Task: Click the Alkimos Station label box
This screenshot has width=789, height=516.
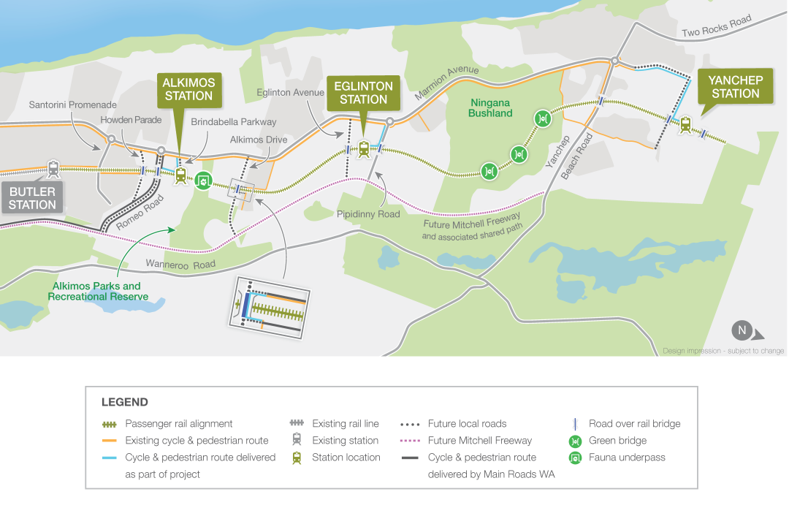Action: point(189,90)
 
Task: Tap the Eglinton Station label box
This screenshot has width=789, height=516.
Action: point(363,93)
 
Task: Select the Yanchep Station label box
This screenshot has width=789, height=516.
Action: point(735,86)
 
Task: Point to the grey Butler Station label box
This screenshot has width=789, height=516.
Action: point(32,198)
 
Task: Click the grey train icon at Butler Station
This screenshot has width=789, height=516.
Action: point(53,169)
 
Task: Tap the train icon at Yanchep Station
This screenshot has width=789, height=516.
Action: point(685,124)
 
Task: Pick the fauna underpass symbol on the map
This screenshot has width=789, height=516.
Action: point(203,181)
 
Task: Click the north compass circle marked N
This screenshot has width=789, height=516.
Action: point(742,330)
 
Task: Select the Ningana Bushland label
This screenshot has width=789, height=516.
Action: point(490,108)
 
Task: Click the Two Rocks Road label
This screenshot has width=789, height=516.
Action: point(717,26)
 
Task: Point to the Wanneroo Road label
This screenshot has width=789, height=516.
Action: point(180,265)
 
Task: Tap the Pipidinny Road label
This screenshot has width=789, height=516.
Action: point(368,214)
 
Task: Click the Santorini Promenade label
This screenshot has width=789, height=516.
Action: point(72,105)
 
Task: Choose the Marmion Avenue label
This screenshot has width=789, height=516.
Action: point(447,82)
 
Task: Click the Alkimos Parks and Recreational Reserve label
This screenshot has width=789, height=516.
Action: point(98,292)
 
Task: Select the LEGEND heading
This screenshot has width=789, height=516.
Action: point(125,402)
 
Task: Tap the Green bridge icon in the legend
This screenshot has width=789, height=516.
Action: point(575,441)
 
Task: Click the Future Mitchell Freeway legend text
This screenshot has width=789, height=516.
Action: point(479,441)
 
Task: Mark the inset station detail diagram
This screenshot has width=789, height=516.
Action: point(270,307)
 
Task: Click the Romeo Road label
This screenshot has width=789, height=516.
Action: point(140,212)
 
